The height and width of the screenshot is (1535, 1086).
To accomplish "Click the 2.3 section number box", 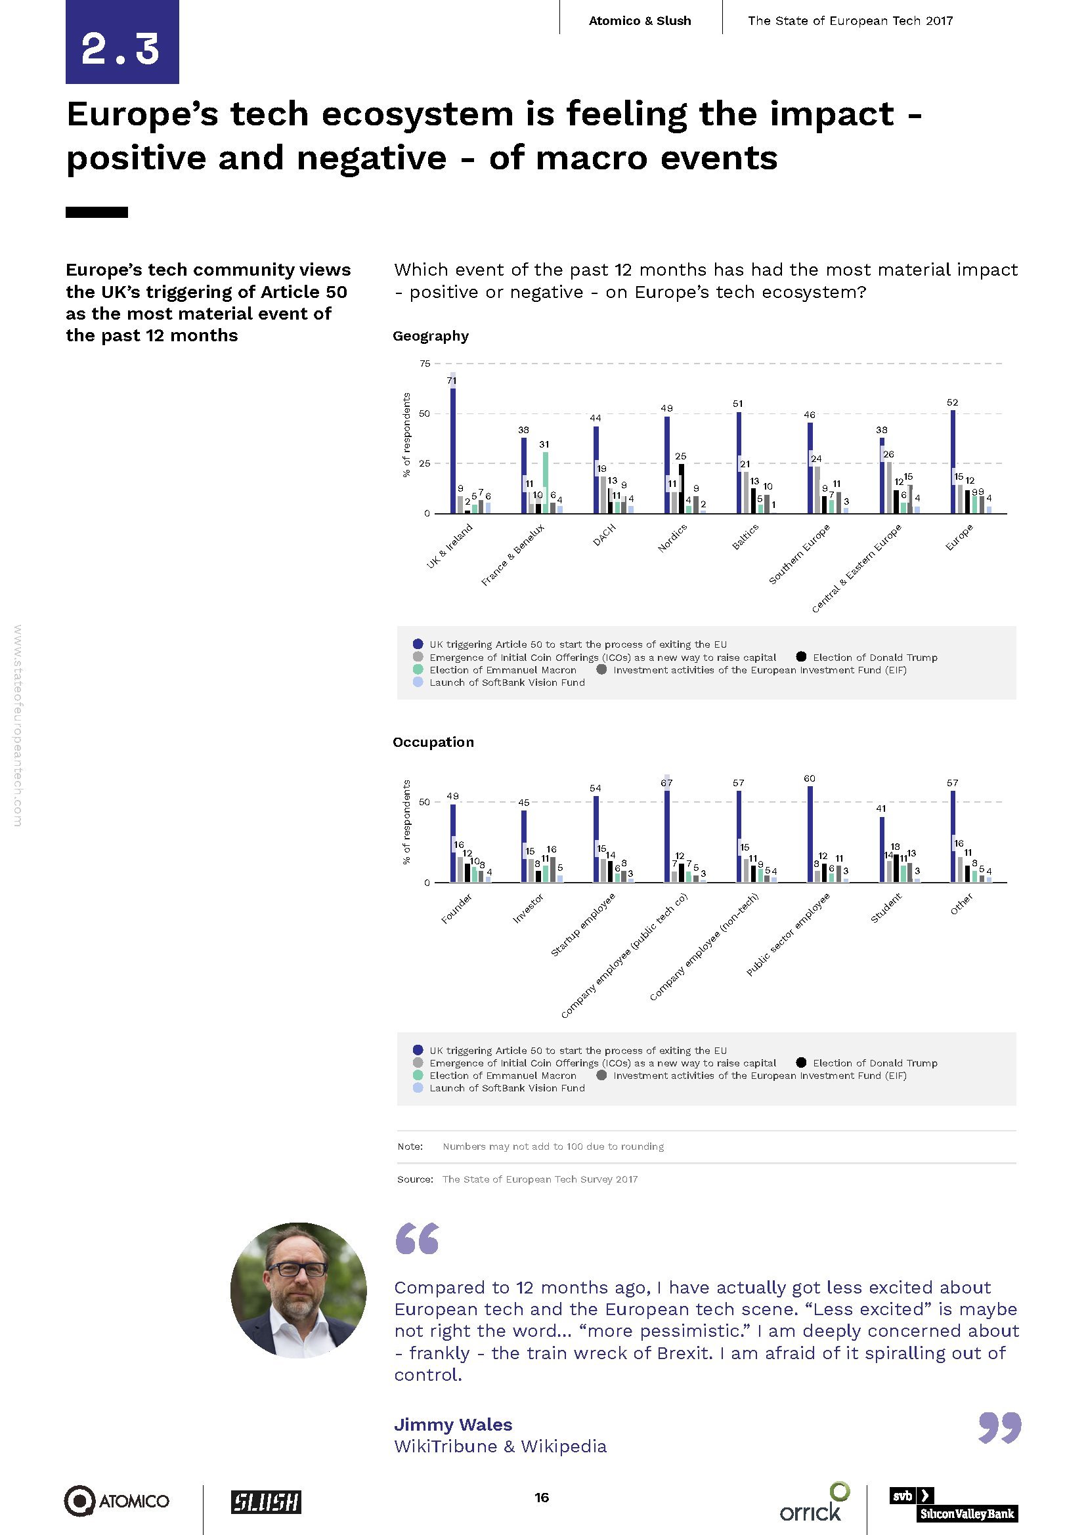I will [x=121, y=43].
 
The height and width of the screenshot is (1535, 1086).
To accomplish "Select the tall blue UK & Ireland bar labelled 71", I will [x=453, y=448].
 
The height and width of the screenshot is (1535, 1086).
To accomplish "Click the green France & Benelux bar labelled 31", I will [x=546, y=483].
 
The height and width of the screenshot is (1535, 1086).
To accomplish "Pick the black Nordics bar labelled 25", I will [x=682, y=489].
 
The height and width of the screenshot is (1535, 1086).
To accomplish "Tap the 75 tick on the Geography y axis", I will [x=425, y=364].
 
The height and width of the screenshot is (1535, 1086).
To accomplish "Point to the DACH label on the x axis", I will [x=605, y=536].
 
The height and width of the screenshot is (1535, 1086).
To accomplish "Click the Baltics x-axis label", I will [x=745, y=537].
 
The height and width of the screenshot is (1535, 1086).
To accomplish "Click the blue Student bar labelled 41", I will [x=881, y=850].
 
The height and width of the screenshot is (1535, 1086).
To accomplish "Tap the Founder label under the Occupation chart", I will [x=457, y=908].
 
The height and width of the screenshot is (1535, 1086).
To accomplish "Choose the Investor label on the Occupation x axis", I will [x=528, y=909].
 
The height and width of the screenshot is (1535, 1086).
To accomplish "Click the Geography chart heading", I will [x=431, y=335].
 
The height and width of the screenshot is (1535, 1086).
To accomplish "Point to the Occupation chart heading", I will [x=433, y=742].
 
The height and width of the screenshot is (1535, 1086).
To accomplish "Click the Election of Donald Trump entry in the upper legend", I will [x=874, y=657].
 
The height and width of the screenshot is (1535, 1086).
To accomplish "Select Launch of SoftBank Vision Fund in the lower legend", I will [x=506, y=1087].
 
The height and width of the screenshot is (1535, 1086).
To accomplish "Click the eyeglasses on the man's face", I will [x=299, y=1270].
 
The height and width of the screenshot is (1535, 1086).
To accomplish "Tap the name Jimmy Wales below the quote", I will [x=454, y=1425].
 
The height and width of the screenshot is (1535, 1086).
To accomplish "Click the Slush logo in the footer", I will [x=266, y=1502].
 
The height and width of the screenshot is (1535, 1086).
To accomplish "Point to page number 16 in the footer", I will [x=542, y=1498].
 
